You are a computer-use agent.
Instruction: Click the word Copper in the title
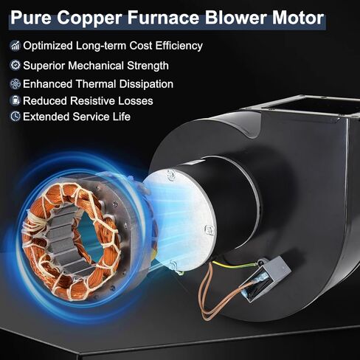(89, 18)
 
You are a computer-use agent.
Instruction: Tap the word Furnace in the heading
(163, 18)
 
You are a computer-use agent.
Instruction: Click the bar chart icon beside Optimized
(15, 46)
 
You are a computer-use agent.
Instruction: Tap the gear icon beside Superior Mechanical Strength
(15, 66)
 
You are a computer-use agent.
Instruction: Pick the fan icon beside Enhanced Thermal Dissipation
(15, 84)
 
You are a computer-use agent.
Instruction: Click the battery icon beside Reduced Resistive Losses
(15, 101)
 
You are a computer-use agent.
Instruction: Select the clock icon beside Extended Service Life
(15, 117)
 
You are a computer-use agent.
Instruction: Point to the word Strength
(148, 66)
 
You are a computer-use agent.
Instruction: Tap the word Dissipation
(146, 84)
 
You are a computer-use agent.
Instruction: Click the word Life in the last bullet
(122, 117)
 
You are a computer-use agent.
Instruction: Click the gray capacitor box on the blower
(265, 278)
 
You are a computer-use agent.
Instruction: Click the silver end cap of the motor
(179, 220)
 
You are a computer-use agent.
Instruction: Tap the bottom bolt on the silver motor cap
(173, 264)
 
